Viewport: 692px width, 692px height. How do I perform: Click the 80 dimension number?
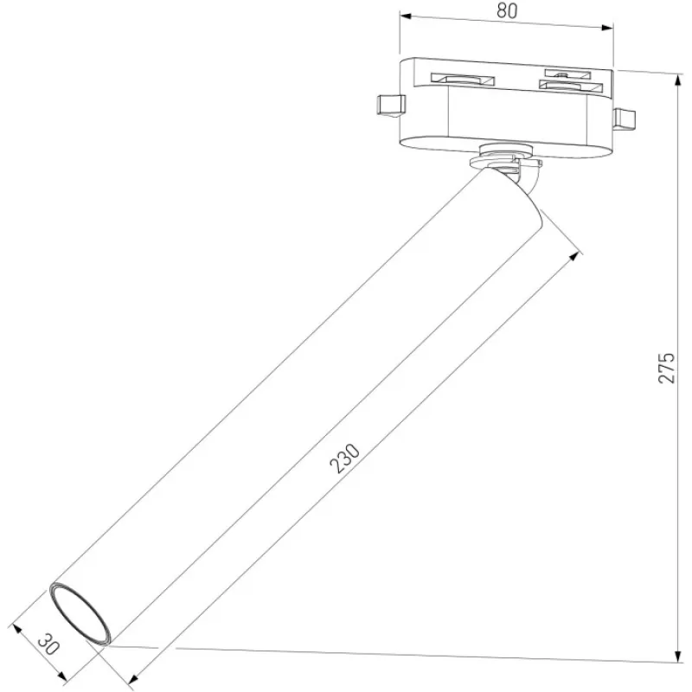507,11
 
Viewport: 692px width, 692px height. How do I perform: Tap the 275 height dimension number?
666,368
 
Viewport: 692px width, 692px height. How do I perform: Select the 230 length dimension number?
345,459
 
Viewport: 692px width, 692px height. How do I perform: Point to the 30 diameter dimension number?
48,644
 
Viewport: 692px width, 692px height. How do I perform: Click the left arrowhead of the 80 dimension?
406,16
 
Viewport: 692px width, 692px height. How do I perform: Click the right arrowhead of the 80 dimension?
608,28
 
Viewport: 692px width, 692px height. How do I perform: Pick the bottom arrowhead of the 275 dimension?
678,656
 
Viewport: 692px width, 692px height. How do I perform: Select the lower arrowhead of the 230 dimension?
134,679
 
